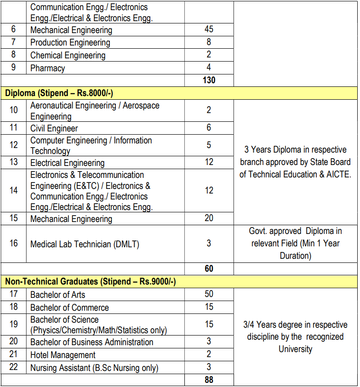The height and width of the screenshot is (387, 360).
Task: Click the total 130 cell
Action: [209, 80]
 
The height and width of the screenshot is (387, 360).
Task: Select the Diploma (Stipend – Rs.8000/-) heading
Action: [59, 93]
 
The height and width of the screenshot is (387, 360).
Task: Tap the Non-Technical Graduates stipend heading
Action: [90, 282]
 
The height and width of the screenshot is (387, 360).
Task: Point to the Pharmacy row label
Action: [47, 68]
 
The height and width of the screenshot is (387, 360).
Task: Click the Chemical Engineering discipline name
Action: [68, 55]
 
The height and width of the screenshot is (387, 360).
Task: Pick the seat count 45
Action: [209, 29]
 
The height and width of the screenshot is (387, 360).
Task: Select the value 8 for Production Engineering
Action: [209, 42]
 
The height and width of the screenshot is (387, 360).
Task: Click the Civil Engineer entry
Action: [54, 128]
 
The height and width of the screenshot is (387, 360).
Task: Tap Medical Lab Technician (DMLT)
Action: [85, 244]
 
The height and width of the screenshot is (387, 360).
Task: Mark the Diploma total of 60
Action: [209, 268]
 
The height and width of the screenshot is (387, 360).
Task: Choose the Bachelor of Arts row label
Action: [57, 295]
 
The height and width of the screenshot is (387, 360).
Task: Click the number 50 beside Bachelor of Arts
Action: [209, 294]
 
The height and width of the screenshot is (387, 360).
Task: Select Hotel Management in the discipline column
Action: [63, 355]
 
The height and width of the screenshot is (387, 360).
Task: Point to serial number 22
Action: [14, 368]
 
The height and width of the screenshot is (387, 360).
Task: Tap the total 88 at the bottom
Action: [209, 380]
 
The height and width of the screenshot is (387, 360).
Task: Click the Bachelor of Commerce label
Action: [69, 307]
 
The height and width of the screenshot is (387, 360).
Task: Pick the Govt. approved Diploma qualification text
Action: [295, 244]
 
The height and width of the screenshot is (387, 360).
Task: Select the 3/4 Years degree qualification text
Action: [295, 337]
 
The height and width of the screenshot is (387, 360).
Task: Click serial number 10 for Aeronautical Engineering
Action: [14, 110]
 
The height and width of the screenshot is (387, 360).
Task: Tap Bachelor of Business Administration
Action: [91, 342]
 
